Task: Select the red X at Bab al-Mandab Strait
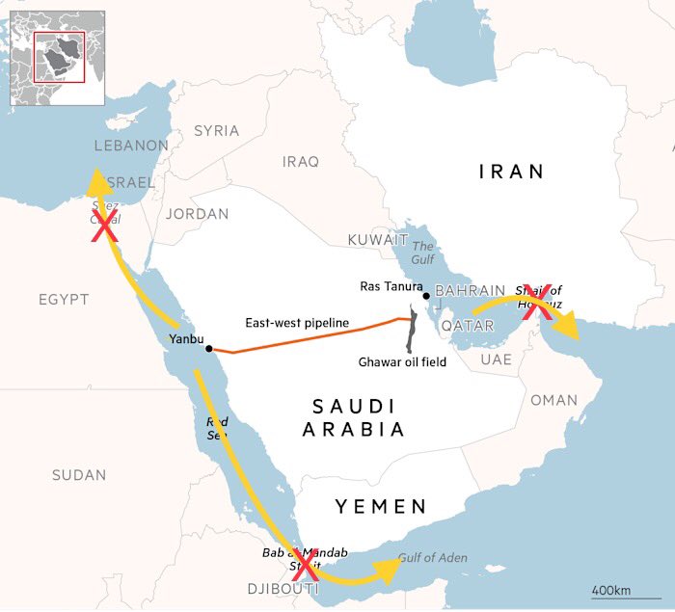point(306,562)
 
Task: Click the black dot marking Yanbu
point(208,349)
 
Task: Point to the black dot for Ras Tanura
point(425,296)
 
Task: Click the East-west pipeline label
point(296,323)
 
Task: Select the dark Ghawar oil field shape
point(413,331)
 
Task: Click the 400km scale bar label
point(611,588)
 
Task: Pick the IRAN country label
point(512,172)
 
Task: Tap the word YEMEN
point(380,506)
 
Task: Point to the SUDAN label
point(79,474)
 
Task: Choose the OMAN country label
point(553,399)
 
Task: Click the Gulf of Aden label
point(431,557)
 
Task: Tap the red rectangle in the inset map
point(59,57)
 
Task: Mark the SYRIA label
point(216,130)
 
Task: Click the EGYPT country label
point(64,300)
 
